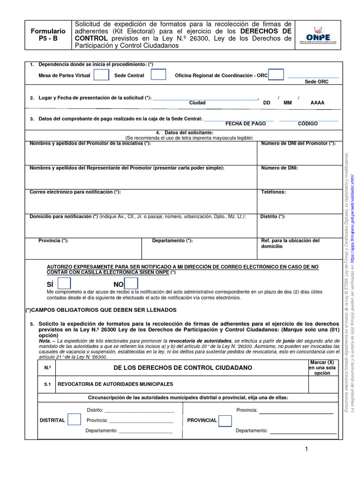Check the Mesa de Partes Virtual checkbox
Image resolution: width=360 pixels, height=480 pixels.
[101, 75]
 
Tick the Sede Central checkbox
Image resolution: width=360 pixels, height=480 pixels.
[158, 75]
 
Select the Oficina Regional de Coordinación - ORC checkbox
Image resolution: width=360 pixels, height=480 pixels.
[276, 75]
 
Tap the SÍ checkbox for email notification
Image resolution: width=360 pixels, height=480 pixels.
[64, 284]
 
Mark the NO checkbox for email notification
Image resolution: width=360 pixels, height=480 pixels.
[131, 284]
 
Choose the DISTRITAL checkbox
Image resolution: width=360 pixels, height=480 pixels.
[74, 420]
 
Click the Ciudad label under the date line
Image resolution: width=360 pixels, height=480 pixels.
[197, 102]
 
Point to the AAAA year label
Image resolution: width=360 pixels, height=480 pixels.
[317, 102]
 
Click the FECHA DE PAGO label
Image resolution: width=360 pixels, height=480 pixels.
[246, 123]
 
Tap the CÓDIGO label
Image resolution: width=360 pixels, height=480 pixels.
[308, 123]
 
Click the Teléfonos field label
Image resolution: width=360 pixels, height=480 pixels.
[273, 192]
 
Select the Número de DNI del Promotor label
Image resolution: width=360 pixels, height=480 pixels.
[298, 143]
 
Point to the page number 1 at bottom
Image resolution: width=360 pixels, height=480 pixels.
[306, 450]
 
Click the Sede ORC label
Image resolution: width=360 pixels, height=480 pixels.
[316, 82]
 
